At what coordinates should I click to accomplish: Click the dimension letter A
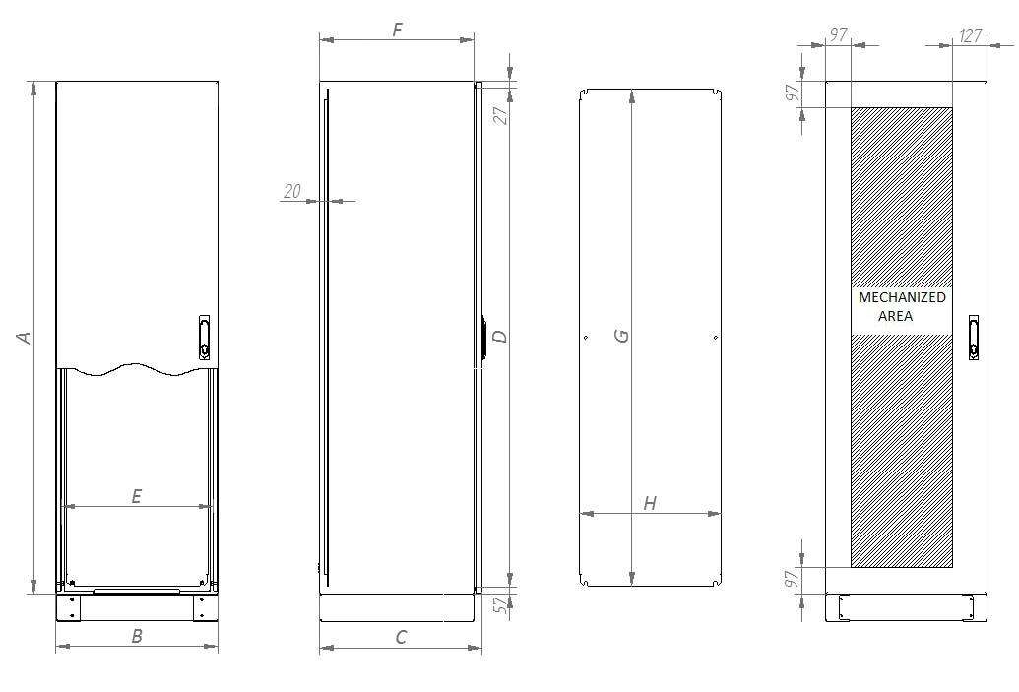point(26,337)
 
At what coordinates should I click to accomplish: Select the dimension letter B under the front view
point(137,636)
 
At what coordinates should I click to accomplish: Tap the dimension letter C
point(401,637)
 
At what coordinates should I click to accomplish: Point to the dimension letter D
point(500,336)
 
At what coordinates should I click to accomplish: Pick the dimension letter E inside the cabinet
point(137,496)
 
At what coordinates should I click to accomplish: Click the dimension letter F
point(398,30)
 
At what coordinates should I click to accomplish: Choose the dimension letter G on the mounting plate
point(621,336)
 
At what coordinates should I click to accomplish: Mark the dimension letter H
point(650,503)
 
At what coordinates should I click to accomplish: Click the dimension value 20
point(292,191)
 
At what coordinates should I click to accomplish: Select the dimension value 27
point(500,114)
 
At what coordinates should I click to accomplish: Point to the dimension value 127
point(971,35)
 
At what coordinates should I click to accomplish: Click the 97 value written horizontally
point(838,35)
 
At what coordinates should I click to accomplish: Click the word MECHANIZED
point(902,297)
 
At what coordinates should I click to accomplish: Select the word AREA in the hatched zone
point(896,316)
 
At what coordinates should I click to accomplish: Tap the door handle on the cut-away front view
point(204,336)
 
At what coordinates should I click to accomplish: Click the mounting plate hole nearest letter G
point(586,338)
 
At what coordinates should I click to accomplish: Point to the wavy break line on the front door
point(137,370)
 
